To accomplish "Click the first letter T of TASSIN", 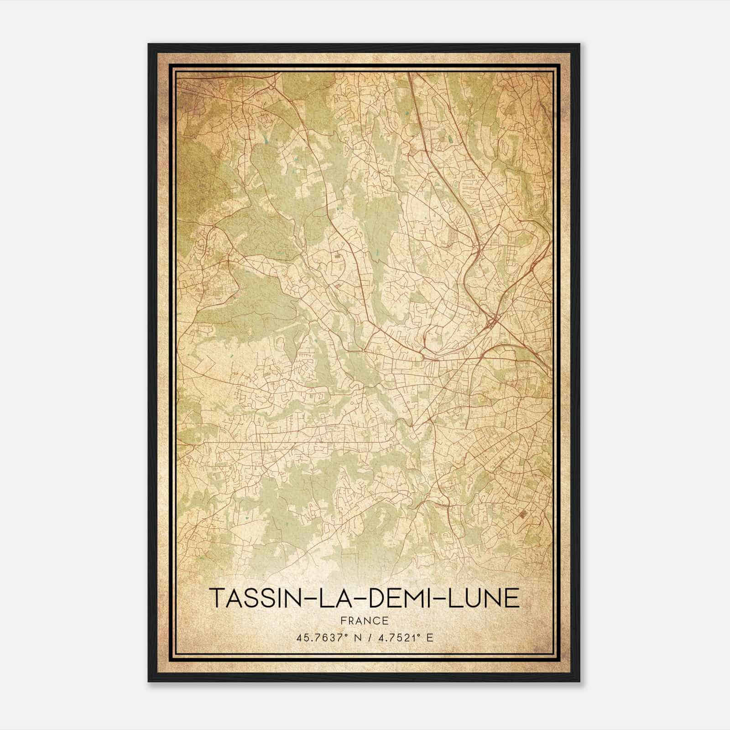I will tap(216, 599).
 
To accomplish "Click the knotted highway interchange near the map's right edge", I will tap(492, 321).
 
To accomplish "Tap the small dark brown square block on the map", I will tap(521, 515).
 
